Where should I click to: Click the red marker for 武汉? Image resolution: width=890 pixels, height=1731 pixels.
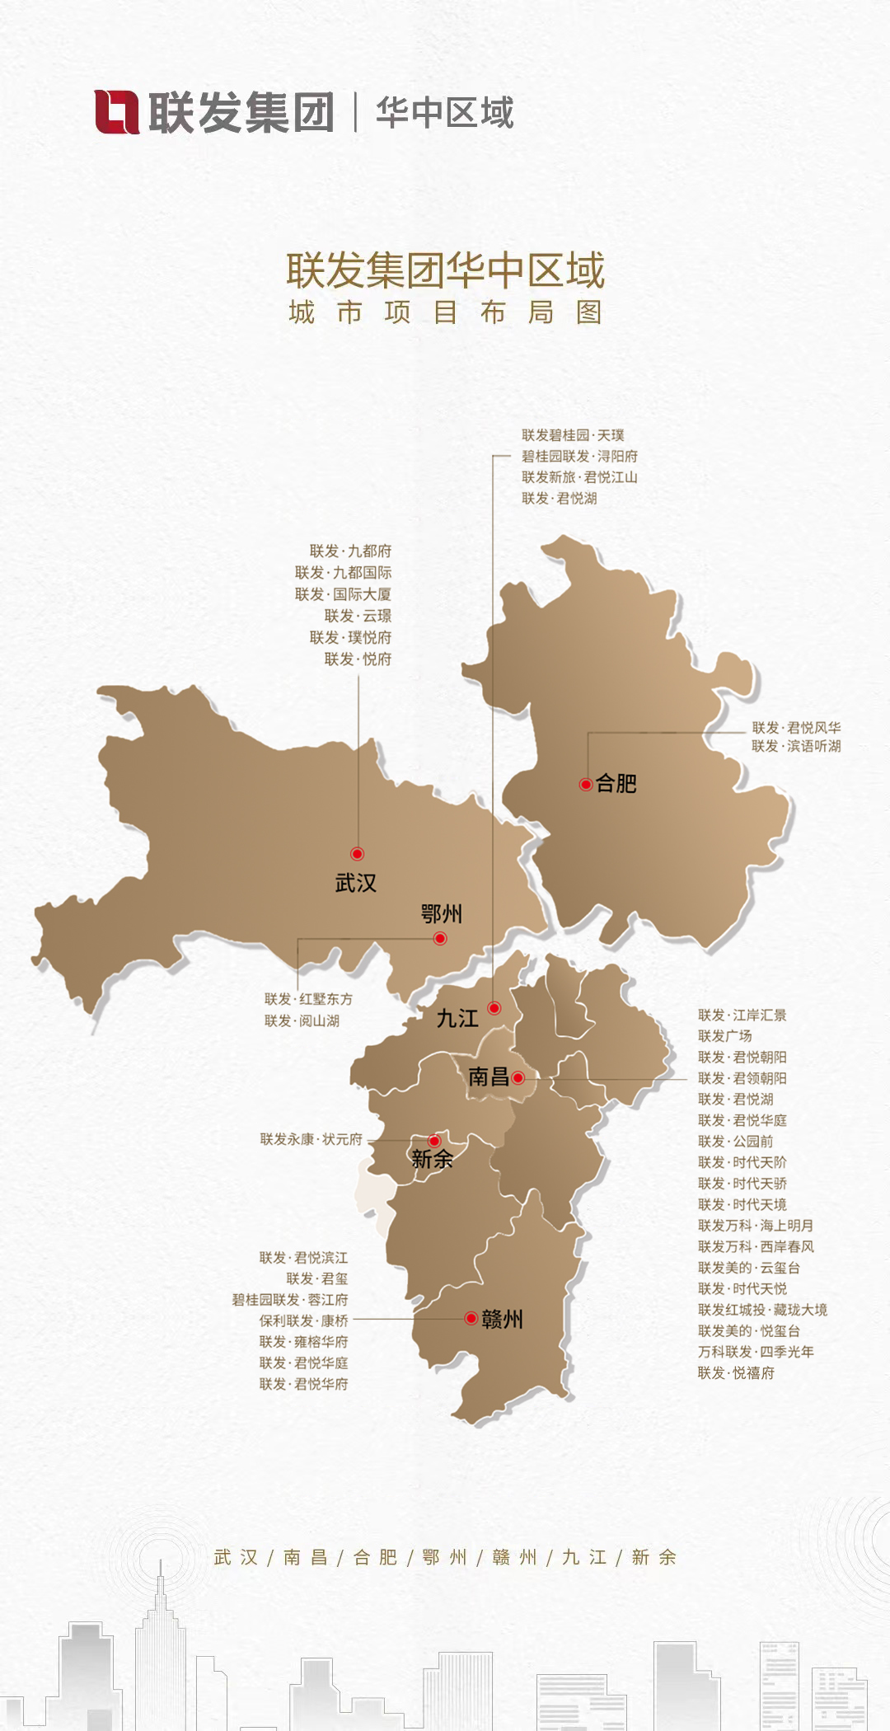point(357,854)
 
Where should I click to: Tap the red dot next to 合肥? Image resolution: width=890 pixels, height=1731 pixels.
point(586,784)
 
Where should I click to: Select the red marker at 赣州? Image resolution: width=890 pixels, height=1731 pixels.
point(471,1318)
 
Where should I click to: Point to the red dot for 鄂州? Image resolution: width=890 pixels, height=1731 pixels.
point(440,938)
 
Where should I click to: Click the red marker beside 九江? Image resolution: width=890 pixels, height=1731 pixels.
point(494,1007)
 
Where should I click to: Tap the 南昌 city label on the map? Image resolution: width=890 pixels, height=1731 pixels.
point(489,1077)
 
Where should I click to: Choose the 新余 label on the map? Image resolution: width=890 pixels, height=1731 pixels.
point(432,1159)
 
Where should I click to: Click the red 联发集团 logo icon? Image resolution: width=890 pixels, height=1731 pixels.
point(117,112)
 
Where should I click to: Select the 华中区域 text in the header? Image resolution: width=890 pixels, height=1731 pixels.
point(445,113)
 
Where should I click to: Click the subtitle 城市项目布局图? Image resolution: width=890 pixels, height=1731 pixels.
point(445,313)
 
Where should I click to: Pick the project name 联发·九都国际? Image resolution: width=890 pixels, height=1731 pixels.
point(344,573)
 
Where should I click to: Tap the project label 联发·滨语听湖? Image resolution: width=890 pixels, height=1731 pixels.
point(796,746)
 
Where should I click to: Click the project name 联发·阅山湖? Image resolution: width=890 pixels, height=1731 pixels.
point(302,1020)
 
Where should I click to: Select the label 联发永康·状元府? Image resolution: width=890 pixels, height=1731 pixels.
point(311,1139)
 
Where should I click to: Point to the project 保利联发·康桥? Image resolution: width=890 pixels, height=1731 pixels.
point(303,1321)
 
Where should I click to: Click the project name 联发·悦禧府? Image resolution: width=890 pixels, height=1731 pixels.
point(736,1372)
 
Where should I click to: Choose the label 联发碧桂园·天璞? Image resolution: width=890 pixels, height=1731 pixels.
point(573,435)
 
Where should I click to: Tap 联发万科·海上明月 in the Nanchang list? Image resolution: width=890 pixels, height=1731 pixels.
point(756,1226)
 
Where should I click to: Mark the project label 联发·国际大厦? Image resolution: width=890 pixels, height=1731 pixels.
point(344,594)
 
